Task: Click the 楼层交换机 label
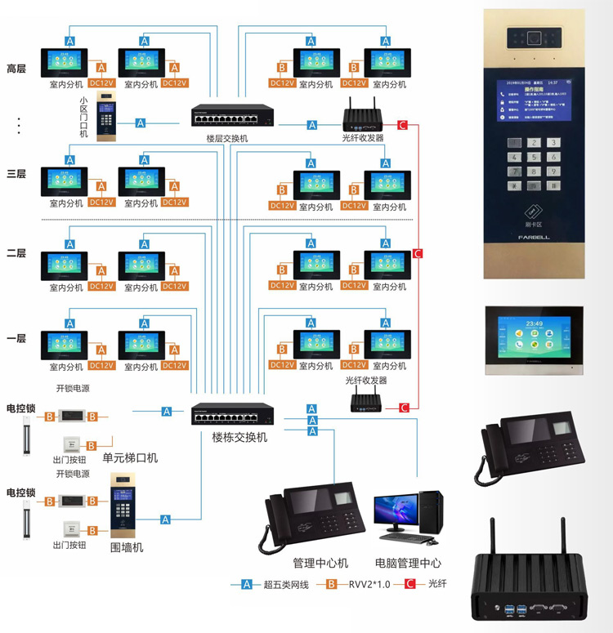coord(226,139)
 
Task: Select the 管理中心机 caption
coord(320,563)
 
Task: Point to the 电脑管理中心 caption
coord(408,563)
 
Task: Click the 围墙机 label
coord(127,546)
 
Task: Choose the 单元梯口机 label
coord(130,457)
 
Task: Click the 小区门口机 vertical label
coord(83,118)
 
